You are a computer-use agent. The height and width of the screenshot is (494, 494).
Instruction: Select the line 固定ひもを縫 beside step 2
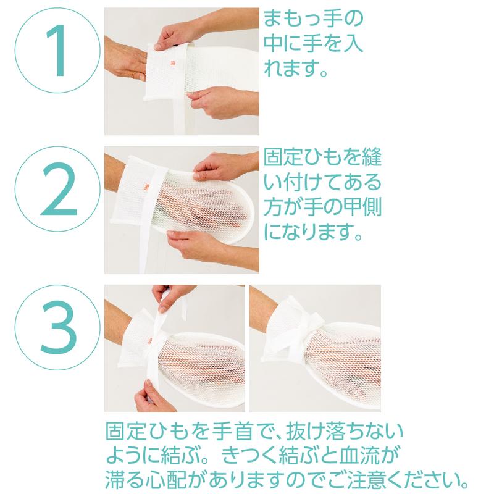click(322, 157)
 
